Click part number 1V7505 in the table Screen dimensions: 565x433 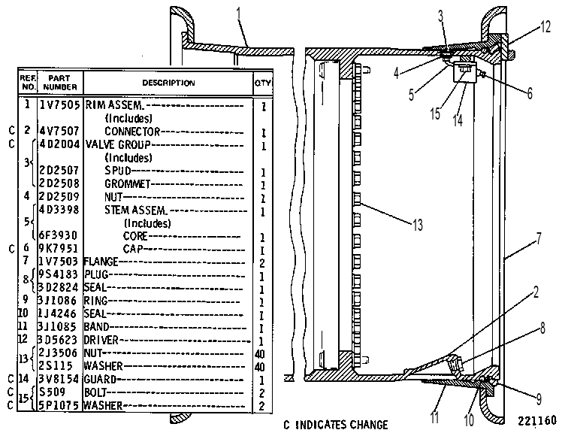coord(59,105)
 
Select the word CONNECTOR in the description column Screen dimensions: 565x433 coord(132,132)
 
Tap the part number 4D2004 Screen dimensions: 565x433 coord(59,144)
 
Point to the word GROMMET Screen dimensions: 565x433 coord(127,184)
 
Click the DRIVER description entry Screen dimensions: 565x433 coord(101,340)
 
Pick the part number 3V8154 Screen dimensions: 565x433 coord(59,379)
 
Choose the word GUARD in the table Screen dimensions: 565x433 coord(100,380)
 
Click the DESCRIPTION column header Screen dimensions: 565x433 coord(168,83)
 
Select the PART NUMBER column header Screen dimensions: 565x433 coord(60,83)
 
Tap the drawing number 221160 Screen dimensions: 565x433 coord(537,420)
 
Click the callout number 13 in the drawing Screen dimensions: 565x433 coord(418,225)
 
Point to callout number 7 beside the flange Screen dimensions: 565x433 coord(539,239)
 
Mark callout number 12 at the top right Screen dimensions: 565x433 coord(545,26)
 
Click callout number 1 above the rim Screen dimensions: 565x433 coord(238,14)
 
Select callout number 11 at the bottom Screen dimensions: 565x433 coord(434,417)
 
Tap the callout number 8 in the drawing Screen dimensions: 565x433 coord(542,329)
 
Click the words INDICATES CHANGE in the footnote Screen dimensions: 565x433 coord(342,425)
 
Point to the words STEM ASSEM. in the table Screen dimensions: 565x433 coord(136,210)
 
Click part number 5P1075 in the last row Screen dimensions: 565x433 coord(59,405)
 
